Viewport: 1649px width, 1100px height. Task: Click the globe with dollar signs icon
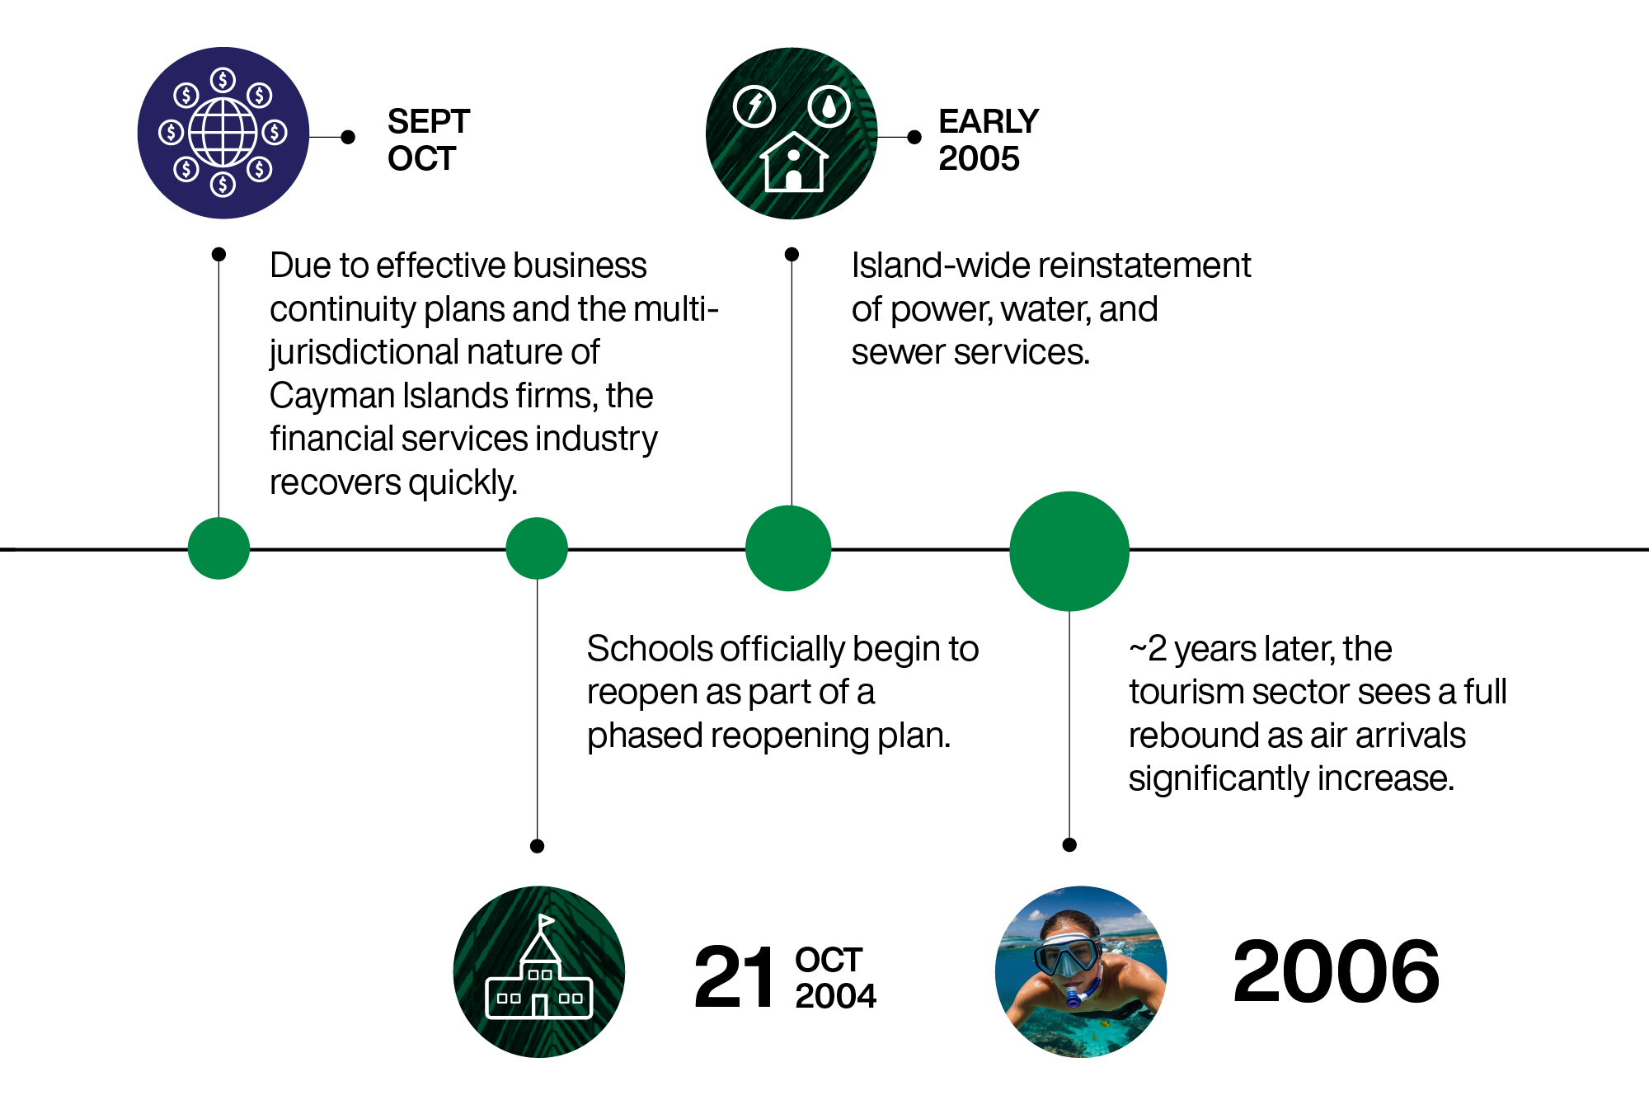point(223,133)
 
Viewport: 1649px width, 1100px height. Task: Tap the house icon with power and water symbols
point(792,134)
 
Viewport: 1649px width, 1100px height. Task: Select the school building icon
point(539,973)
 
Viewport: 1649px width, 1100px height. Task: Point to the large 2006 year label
point(1336,972)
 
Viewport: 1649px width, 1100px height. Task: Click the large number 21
point(735,978)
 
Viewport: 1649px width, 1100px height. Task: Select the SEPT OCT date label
point(428,140)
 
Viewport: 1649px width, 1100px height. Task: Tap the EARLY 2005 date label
point(988,140)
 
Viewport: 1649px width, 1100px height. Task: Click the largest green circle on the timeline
point(1069,551)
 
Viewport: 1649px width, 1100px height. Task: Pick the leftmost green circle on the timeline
point(218,548)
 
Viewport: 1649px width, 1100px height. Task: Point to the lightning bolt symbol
point(754,106)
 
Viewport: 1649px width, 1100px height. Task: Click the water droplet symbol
point(829,106)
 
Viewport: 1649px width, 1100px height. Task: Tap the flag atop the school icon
point(546,921)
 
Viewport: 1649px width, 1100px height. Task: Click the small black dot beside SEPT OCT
point(348,137)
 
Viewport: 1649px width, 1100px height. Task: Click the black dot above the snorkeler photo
point(1069,844)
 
